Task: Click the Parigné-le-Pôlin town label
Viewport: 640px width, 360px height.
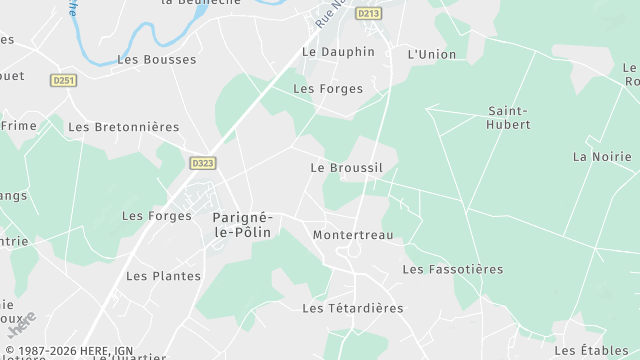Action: (245, 224)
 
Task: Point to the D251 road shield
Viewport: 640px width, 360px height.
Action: (64, 80)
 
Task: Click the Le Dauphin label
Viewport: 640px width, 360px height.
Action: (338, 52)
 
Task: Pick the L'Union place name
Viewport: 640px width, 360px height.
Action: (432, 54)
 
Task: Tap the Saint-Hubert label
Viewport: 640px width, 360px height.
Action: (509, 118)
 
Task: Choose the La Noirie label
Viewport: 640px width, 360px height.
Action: (602, 157)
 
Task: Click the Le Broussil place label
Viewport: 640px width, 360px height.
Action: (346, 168)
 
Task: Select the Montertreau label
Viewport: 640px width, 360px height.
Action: (353, 235)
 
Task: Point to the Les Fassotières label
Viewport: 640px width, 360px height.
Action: (452, 270)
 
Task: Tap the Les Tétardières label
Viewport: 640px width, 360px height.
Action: (352, 309)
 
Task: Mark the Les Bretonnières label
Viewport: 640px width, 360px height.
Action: (123, 127)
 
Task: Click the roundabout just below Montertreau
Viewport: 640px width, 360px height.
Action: (352, 252)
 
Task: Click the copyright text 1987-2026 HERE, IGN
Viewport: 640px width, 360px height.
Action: (70, 351)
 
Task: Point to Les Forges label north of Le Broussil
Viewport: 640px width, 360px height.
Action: (327, 89)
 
